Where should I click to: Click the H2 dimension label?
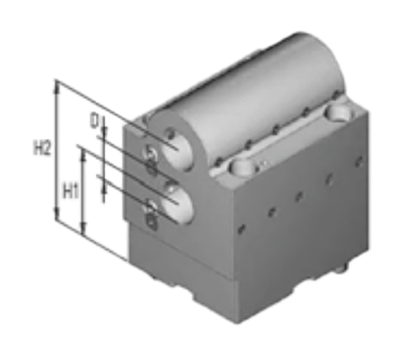(x=42, y=149)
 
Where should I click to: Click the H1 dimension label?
(x=70, y=191)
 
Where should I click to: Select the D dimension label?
(x=94, y=121)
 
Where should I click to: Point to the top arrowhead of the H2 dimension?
(x=56, y=87)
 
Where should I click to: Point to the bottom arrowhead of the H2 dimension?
(x=56, y=214)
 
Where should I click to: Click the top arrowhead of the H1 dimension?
(x=83, y=155)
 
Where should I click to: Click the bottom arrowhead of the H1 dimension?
(x=83, y=229)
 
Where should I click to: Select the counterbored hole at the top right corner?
(x=338, y=112)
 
